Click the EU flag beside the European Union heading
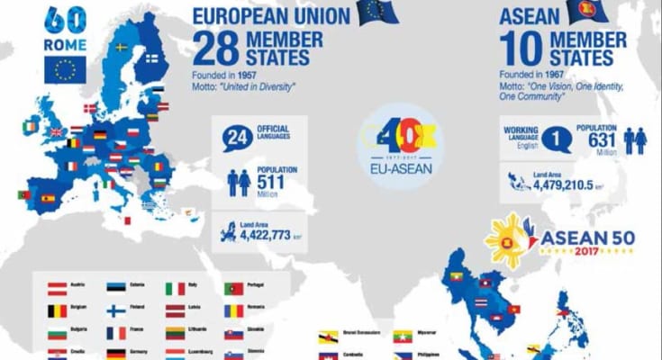(x=378, y=12)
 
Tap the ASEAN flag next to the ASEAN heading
(x=587, y=11)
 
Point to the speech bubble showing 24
(x=235, y=137)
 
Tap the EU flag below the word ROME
(x=66, y=70)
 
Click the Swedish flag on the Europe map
(x=121, y=48)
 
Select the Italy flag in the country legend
(x=175, y=289)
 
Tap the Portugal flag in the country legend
(x=234, y=289)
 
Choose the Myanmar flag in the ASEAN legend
(x=404, y=337)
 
